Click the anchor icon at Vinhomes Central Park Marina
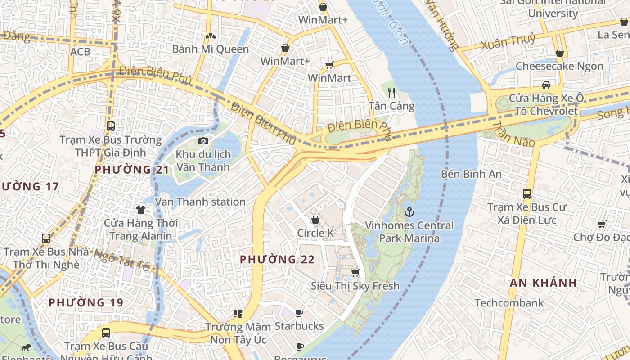409,212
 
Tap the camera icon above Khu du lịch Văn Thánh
203,141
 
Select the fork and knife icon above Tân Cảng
391,93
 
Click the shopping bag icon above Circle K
315,220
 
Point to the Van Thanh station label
200,202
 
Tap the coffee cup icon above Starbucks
299,313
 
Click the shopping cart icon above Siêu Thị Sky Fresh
355,273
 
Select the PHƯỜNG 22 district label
277,259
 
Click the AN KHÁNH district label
543,283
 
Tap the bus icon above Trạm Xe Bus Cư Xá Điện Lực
527,194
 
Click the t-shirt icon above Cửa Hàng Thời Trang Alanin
141,209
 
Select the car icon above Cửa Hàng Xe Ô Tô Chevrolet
546,85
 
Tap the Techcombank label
509,303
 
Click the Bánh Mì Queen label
210,49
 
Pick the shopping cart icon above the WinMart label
329,65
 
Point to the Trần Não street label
513,135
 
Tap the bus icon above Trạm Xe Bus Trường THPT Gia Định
111,126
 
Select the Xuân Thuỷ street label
508,42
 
